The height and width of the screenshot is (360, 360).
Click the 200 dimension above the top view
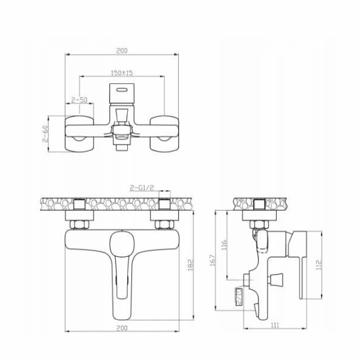pyautogui.click(x=122, y=51)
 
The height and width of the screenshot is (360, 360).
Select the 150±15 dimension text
pyautogui.click(x=122, y=73)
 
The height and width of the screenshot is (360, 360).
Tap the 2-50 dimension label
pyautogui.click(x=79, y=100)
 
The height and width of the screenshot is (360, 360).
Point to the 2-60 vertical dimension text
pyautogui.click(x=45, y=134)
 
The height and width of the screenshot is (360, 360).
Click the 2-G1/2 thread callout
pyautogui.click(x=142, y=188)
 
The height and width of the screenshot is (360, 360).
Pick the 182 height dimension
pyautogui.click(x=191, y=265)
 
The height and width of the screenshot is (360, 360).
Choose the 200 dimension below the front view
pyautogui.click(x=122, y=328)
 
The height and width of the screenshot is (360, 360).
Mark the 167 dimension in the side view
pyautogui.click(x=213, y=260)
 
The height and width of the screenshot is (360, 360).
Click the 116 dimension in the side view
pyautogui.click(x=224, y=245)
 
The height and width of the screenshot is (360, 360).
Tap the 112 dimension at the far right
pyautogui.click(x=319, y=265)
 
